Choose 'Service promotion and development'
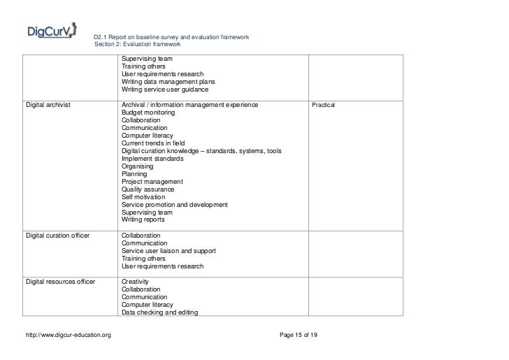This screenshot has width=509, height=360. point(174,205)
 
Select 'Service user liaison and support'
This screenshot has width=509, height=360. point(169,251)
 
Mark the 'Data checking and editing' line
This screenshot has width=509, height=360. point(160,312)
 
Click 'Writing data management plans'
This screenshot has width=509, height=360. point(168,82)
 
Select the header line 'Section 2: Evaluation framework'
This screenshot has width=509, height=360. point(137,44)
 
